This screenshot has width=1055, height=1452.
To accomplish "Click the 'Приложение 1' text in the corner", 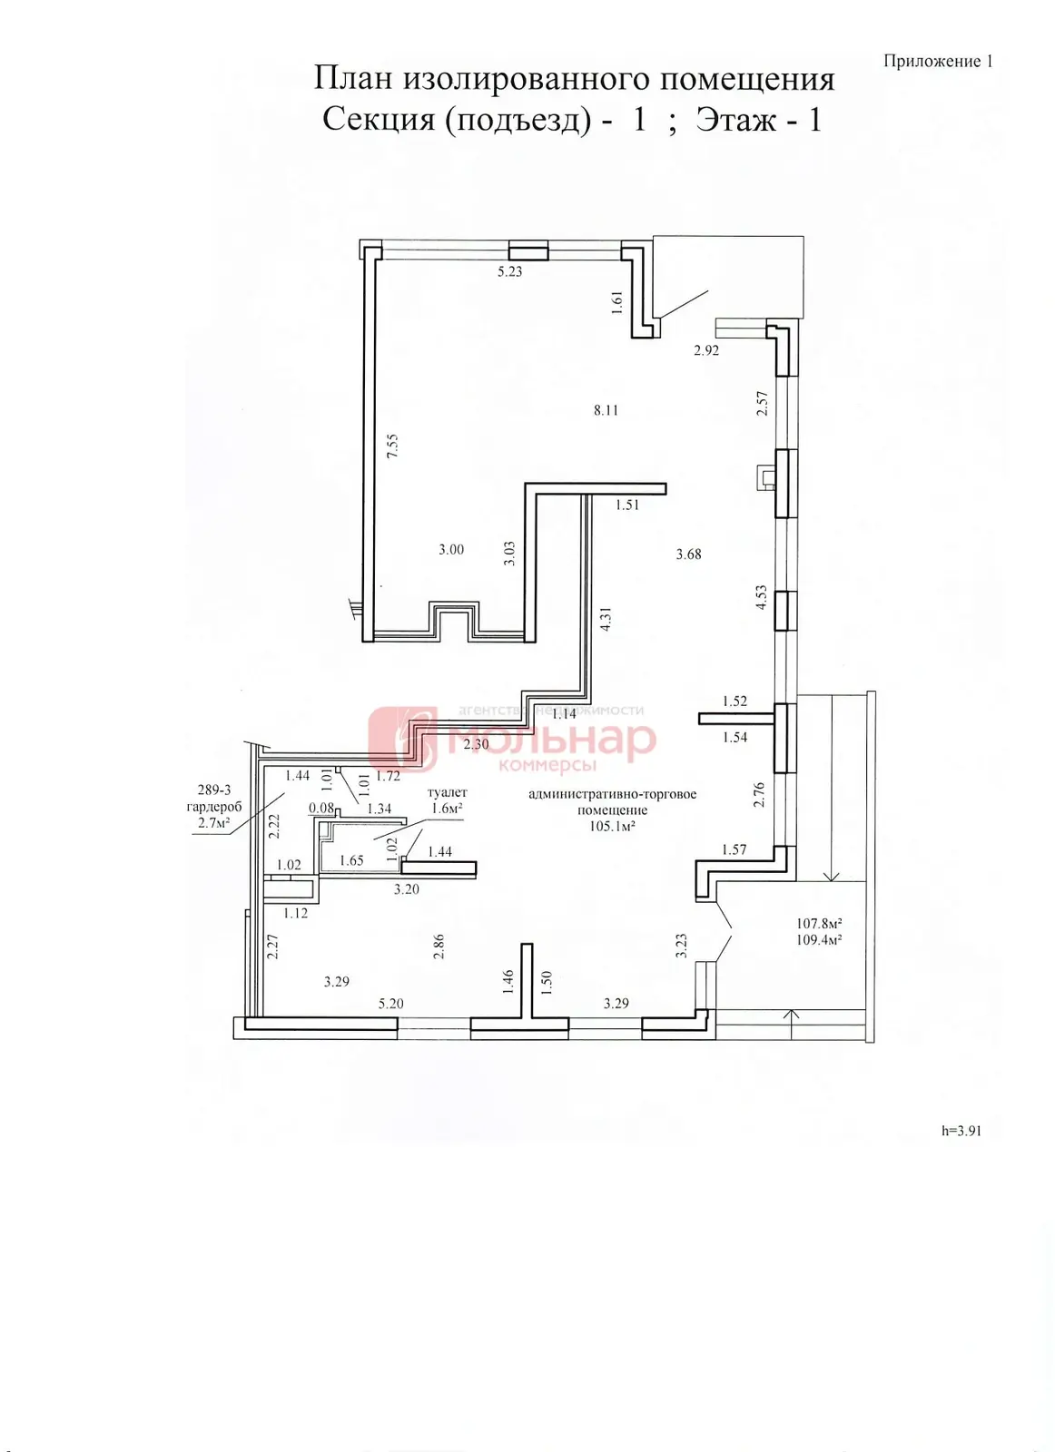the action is click(938, 62).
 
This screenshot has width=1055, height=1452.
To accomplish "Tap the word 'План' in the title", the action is click(353, 78).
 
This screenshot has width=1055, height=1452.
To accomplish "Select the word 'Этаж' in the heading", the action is click(735, 120).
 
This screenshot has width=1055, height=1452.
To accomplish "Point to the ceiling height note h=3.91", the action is click(961, 1131).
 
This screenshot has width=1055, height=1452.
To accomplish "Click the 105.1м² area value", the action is click(611, 826).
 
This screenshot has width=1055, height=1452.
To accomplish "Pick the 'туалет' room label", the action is click(447, 792).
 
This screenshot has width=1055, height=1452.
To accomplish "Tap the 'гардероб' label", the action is click(214, 807).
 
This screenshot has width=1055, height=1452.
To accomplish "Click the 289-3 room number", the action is click(214, 790).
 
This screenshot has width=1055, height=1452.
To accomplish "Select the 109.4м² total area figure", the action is click(818, 940).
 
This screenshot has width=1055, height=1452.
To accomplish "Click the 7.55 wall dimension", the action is click(391, 446).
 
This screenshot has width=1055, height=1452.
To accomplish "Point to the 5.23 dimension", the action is click(509, 271).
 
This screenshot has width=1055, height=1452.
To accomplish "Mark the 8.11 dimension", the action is click(606, 409).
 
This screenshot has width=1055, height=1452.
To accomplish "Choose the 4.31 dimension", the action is click(606, 619).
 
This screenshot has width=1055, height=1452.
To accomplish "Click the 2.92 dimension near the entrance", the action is click(706, 350).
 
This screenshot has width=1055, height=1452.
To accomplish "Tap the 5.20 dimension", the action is click(391, 1004).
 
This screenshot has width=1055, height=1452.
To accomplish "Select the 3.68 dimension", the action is click(688, 554).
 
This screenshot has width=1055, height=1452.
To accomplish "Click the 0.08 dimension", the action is click(321, 808).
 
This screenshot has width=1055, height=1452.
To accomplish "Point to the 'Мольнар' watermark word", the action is click(551, 739).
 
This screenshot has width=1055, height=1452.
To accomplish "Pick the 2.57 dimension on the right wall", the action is click(763, 403).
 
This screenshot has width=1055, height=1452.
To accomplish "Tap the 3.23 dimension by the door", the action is click(680, 946).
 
